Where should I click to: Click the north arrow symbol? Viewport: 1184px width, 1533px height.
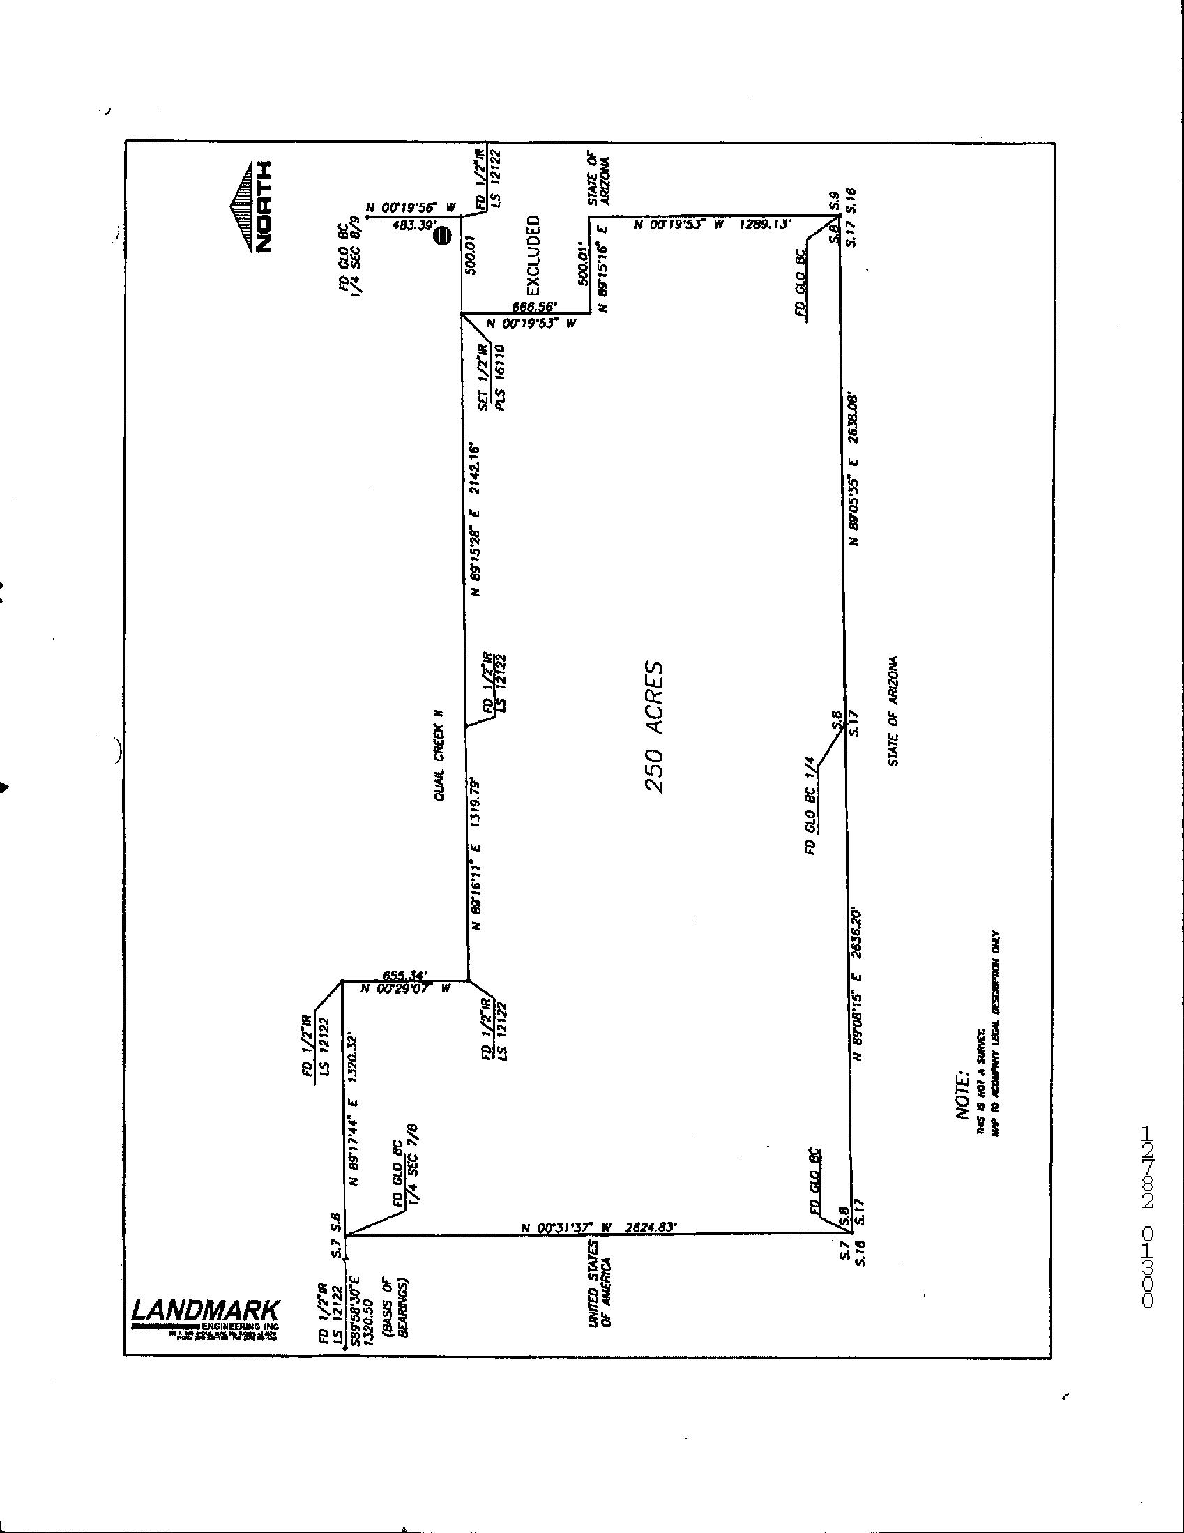[x=250, y=208]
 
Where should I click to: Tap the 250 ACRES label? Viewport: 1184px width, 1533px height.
[x=654, y=727]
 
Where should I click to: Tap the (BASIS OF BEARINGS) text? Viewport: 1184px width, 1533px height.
[x=396, y=1308]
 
